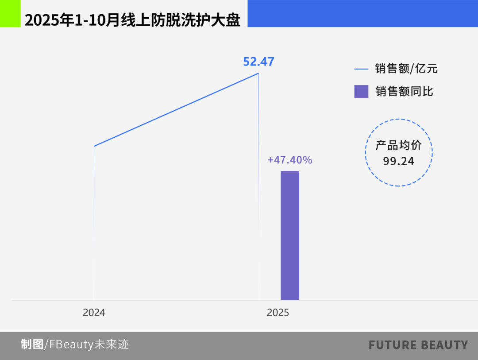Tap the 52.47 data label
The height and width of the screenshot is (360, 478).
pos(258,62)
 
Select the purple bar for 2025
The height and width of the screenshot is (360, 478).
pos(290,235)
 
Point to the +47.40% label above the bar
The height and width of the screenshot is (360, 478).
pos(290,160)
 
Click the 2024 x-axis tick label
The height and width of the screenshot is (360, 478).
pos(94,313)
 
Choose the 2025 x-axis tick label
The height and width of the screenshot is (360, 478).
pos(278,313)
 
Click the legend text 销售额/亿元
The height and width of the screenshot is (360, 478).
pos(406,69)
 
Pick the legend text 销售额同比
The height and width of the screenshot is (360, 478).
pos(404,92)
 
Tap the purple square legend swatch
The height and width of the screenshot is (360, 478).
pos(361,92)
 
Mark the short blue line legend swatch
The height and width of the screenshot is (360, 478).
pos(361,69)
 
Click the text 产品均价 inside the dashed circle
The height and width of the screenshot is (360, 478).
pos(399,145)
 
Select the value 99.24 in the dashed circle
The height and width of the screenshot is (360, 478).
pos(399,161)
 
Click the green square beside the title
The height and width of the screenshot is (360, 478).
pos(10,14)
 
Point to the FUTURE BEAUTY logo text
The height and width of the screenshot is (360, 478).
pos(418,345)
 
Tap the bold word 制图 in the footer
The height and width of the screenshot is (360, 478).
pos(32,344)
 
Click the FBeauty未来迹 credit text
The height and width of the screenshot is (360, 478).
pos(89,344)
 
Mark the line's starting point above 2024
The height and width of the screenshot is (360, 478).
pos(94,146)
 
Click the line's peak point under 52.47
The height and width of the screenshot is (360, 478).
pos(258,73)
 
